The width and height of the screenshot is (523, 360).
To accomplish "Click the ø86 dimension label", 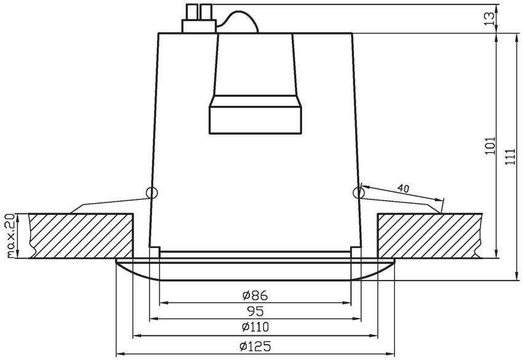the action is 255,295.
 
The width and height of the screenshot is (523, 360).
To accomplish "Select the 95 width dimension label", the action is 255,311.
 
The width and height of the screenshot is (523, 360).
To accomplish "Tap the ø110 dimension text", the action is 255,327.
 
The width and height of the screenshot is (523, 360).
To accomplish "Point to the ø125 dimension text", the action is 255,346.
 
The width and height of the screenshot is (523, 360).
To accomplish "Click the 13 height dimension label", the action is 489,18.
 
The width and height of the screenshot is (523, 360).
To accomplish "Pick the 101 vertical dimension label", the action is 490,145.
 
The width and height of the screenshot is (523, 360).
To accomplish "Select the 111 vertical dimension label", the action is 510,156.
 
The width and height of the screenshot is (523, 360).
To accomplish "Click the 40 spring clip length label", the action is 403,188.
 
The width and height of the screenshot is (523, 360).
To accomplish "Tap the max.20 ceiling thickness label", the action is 10,236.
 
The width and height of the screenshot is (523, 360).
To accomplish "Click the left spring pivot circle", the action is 152,193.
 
